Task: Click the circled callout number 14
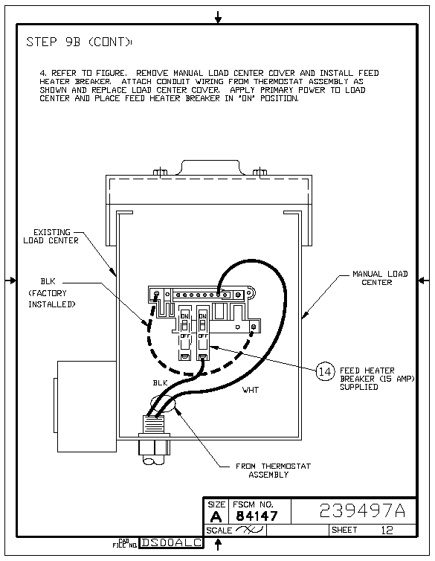coord(325,371)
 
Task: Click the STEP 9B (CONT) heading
coord(79,42)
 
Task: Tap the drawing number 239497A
coord(362,510)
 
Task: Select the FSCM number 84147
coord(257,516)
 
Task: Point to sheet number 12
coord(387,530)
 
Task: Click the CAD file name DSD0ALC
coord(171,542)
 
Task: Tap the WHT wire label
coord(250,390)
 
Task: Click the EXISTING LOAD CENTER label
coord(51,236)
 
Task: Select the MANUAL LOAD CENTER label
coord(380,278)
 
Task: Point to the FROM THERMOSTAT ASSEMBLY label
coord(273,470)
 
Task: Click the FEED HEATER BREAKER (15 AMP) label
coord(377,379)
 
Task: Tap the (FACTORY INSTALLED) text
coord(52,299)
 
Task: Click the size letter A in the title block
coord(216,516)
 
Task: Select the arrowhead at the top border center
coord(218,19)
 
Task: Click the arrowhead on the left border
coord(13,280)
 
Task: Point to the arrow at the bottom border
coord(218,544)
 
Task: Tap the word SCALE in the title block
coord(219,530)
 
